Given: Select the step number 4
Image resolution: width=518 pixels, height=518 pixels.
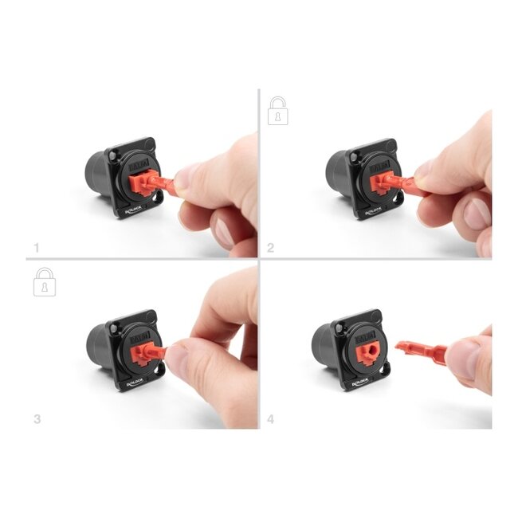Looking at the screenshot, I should tap(271, 418).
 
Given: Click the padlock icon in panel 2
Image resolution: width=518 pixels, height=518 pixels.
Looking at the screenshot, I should tap(277, 111).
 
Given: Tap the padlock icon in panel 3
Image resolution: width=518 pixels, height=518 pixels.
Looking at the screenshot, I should tap(45, 282).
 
